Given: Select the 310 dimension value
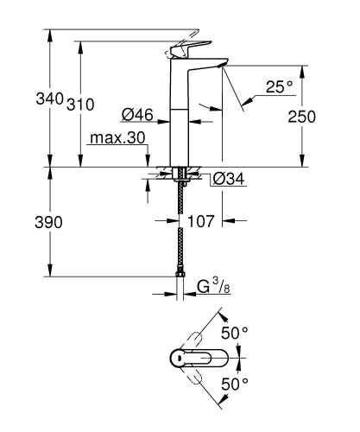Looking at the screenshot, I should (79, 104).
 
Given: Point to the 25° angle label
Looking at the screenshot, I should (279, 86).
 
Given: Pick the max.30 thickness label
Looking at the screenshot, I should (117, 138).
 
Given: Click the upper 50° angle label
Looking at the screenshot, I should (236, 332).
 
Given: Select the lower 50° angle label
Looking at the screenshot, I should (236, 382).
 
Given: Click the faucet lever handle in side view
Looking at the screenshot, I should (192, 51).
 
